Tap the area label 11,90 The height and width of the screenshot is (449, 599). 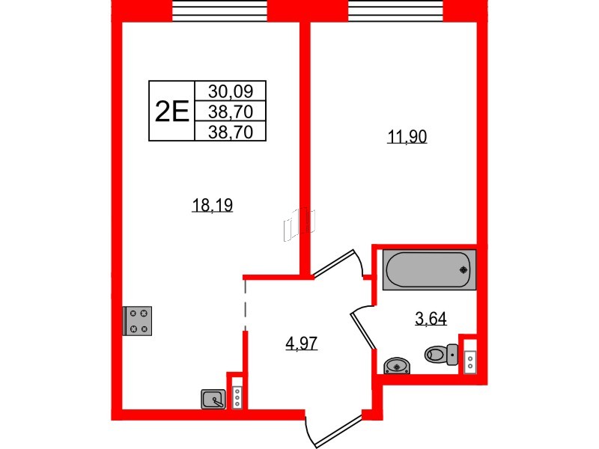407,137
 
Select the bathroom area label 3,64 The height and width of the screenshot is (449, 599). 431,320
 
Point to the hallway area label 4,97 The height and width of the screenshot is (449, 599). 302,344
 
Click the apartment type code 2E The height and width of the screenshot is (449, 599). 171,112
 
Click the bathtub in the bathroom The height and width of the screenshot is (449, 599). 429,269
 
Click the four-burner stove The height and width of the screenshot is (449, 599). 138,321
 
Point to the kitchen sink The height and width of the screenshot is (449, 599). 213,400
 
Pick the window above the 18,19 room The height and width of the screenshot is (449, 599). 219,10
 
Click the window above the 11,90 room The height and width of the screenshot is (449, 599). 397,10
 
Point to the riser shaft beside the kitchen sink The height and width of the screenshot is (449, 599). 237,397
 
